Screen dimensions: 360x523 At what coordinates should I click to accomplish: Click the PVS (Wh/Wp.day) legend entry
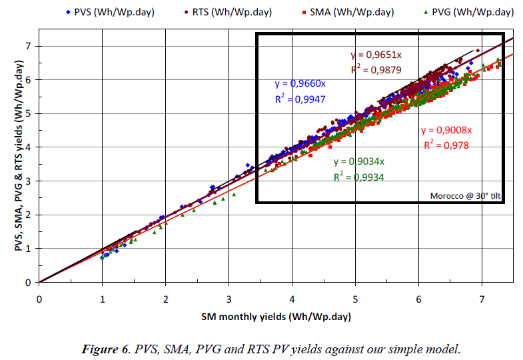click(x=109, y=12)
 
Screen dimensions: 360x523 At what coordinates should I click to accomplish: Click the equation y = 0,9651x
click(x=378, y=55)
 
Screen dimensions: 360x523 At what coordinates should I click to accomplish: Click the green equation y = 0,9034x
click(x=359, y=161)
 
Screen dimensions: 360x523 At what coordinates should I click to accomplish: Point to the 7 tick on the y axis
click(x=28, y=46)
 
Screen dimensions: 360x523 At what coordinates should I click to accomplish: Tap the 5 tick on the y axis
click(x=28, y=113)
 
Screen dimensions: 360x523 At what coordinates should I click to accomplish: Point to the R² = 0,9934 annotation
click(x=358, y=177)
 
